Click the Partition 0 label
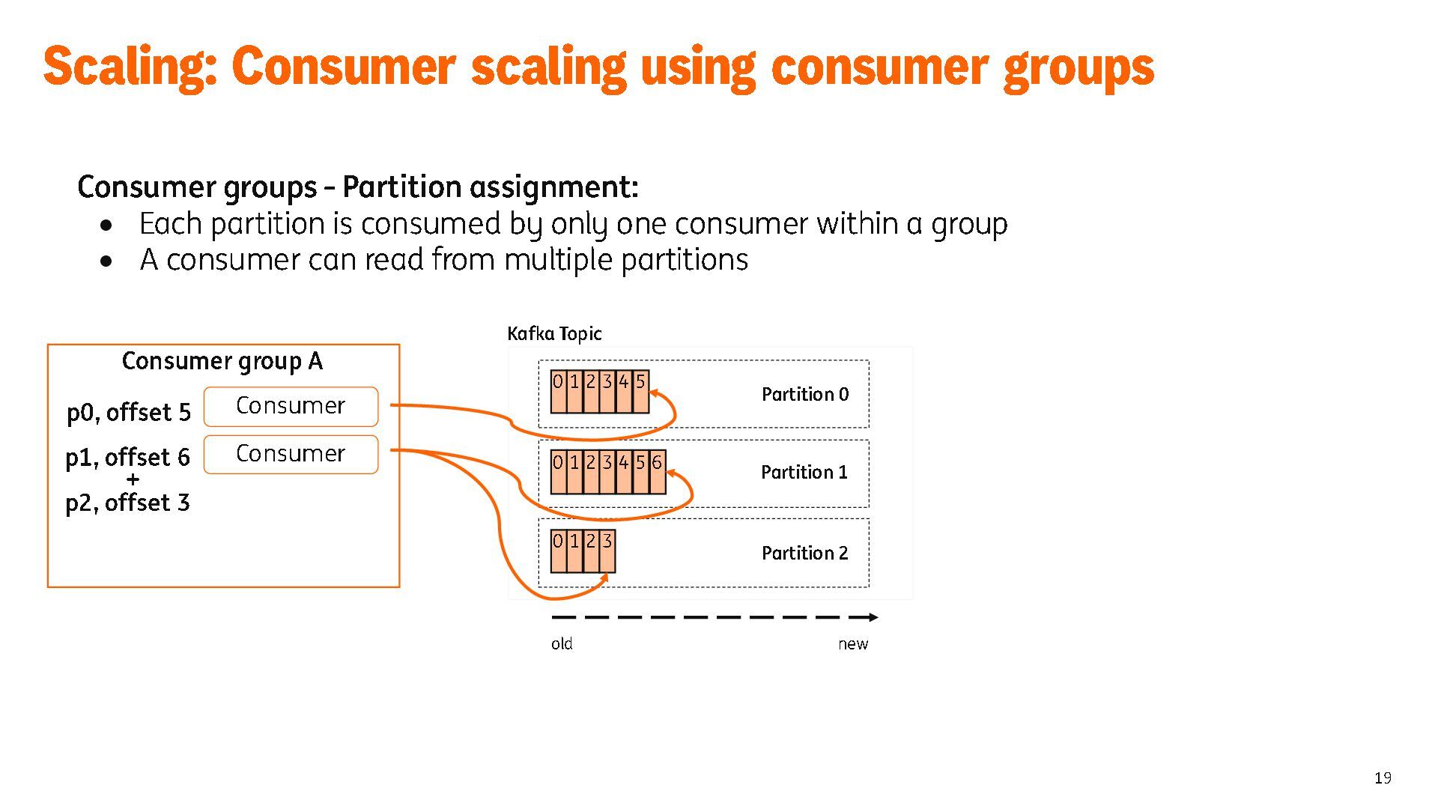pyautogui.click(x=804, y=394)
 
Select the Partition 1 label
pyautogui.click(x=804, y=472)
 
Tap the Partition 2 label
pyautogui.click(x=804, y=553)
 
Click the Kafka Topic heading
pyautogui.click(x=554, y=333)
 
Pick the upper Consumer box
pyautogui.click(x=291, y=406)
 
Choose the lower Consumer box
pyautogui.click(x=291, y=454)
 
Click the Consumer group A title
pyautogui.click(x=222, y=361)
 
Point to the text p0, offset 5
pyautogui.click(x=129, y=412)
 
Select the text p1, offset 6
pyautogui.click(x=127, y=457)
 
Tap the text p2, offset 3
pyautogui.click(x=127, y=503)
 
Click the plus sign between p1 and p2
pyautogui.click(x=133, y=479)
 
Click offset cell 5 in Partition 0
pyautogui.click(x=640, y=391)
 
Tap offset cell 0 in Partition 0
pyautogui.click(x=558, y=391)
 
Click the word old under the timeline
pyautogui.click(x=562, y=643)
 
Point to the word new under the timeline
pyautogui.click(x=852, y=643)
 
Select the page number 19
pyautogui.click(x=1383, y=778)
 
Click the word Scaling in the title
pyautogui.click(x=130, y=67)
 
